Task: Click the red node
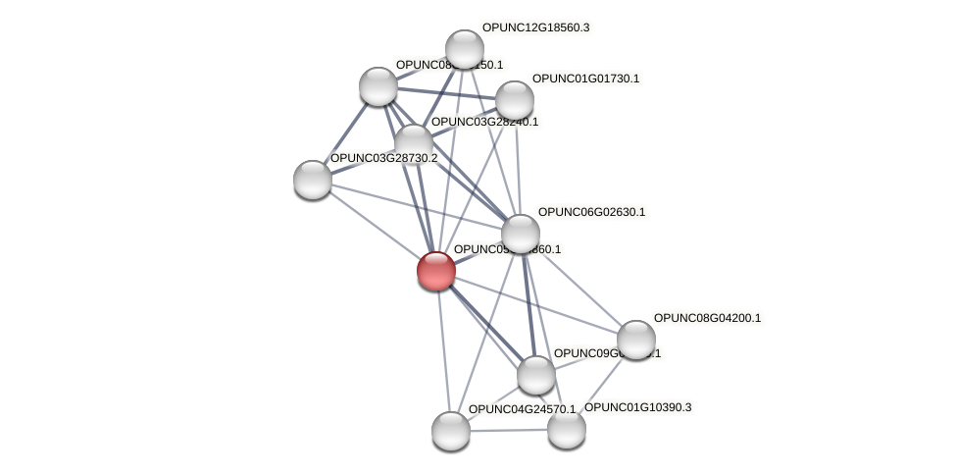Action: pyautogui.click(x=436, y=270)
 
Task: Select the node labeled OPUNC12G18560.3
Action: pyautogui.click(x=465, y=48)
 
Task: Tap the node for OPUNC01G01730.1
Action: pyautogui.click(x=514, y=99)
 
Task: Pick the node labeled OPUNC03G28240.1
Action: pyautogui.click(x=413, y=142)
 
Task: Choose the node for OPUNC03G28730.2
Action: pyautogui.click(x=313, y=179)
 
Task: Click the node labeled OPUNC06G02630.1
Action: pyautogui.click(x=521, y=234)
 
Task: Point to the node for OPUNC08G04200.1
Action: pyautogui.click(x=635, y=340)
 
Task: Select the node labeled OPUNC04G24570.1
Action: pyautogui.click(x=451, y=430)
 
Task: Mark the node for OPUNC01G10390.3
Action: pyautogui.click(x=566, y=428)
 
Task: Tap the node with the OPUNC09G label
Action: pyautogui.click(x=535, y=374)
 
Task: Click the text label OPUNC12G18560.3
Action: pyautogui.click(x=535, y=27)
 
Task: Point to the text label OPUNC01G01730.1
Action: pyautogui.click(x=585, y=79)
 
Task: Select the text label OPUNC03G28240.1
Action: pyautogui.click(x=485, y=122)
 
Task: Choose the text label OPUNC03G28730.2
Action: pyautogui.click(x=383, y=158)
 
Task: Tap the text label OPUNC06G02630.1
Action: pyautogui.click(x=591, y=212)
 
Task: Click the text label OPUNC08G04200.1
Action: pyautogui.click(x=707, y=318)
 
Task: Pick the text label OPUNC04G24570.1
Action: pyautogui.click(x=522, y=409)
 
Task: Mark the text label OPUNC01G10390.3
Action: pyautogui.click(x=637, y=407)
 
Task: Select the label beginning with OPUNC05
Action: pyautogui.click(x=507, y=249)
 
